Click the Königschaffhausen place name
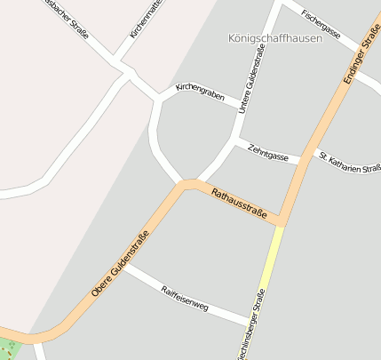pyautogui.click(x=274, y=38)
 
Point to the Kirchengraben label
pyautogui.click(x=200, y=91)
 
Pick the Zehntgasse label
pyautogui.click(x=268, y=152)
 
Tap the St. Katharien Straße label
pyautogui.click(x=350, y=162)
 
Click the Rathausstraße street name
pyautogui.click(x=239, y=202)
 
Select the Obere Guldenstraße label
pyautogui.click(x=120, y=263)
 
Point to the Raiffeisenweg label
pyautogui.click(x=185, y=298)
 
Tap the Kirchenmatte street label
pyautogui.click(x=147, y=18)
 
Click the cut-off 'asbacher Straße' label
pyautogui.click(x=66, y=19)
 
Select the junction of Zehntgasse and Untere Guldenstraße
pyautogui.click(x=234, y=140)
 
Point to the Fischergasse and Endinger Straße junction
pyautogui.click(x=360, y=50)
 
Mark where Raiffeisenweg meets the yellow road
pyautogui.click(x=252, y=322)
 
